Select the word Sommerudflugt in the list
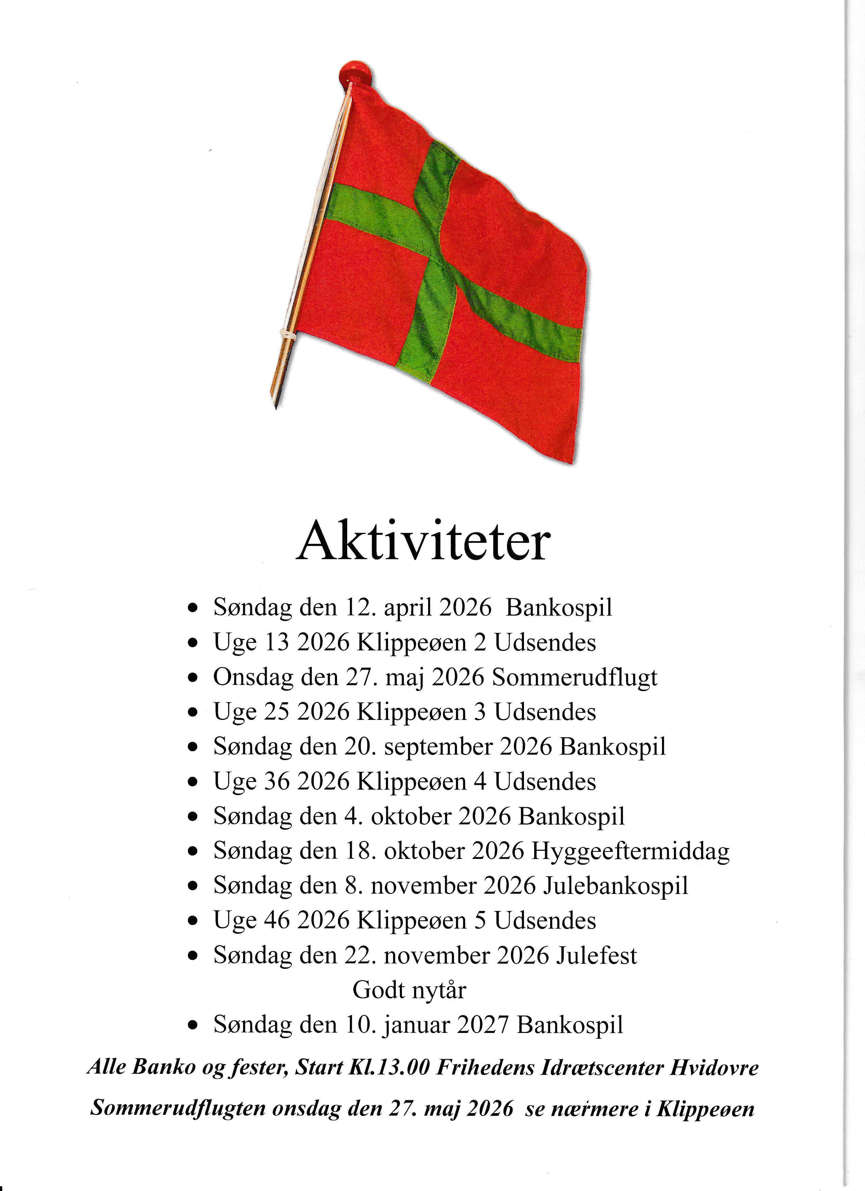pyautogui.click(x=575, y=677)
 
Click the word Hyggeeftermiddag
pyautogui.click(x=630, y=851)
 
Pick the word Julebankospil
pyautogui.click(x=615, y=886)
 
